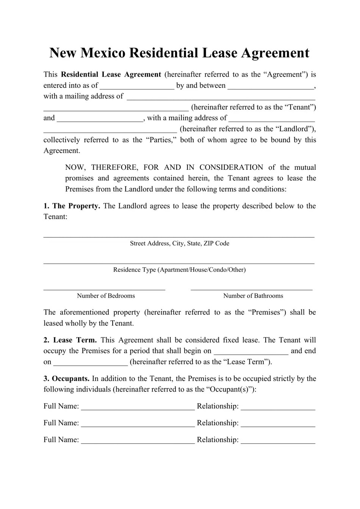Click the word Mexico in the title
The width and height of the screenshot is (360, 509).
[x=103, y=53]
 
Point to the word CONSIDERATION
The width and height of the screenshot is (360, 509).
[x=231, y=167]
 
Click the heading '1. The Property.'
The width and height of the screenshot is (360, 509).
[x=72, y=206]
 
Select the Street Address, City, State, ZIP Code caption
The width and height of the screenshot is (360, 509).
[x=179, y=243]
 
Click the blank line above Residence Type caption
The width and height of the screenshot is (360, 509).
[x=178, y=262]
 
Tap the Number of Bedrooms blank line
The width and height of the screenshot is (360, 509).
[x=104, y=289]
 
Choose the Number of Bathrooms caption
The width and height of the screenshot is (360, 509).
[x=253, y=296]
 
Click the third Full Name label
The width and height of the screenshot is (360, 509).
[x=61, y=440]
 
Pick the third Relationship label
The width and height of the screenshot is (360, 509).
[x=218, y=440]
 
